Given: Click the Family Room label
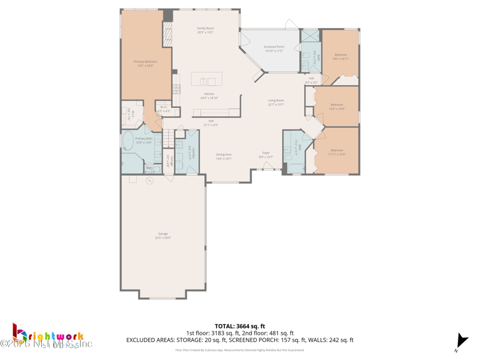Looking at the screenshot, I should (205, 28).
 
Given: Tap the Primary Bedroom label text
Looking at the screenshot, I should (145, 62).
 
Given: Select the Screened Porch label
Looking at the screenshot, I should (274, 47).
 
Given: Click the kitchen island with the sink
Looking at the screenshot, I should (206, 79).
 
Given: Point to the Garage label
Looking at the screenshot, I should (163, 234).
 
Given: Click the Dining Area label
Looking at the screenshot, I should (224, 155).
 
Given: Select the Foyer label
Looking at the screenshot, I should (266, 153).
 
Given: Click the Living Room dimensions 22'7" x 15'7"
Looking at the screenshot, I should (276, 104).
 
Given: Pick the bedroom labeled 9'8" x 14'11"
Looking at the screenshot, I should (341, 57).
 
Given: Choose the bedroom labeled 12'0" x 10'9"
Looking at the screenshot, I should (337, 107).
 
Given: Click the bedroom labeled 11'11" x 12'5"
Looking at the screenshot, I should (337, 152).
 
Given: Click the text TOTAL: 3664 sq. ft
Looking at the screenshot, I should (239, 326).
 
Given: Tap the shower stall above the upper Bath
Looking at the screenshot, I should (310, 35).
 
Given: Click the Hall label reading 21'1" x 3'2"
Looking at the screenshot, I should (211, 122).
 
